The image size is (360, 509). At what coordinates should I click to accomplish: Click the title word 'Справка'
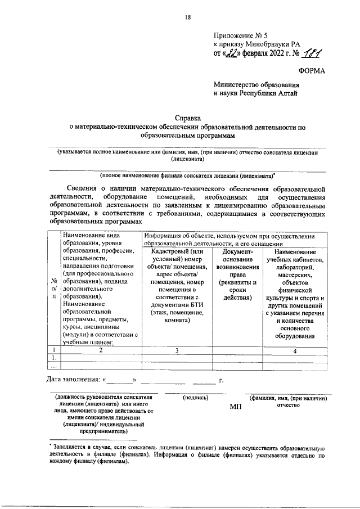pyautogui.click(x=187, y=119)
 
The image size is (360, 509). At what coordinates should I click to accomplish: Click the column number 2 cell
pyautogui.click(x=101, y=350)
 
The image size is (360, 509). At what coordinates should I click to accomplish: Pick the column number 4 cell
pyautogui.click(x=295, y=350)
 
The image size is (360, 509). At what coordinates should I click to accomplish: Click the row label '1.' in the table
pyautogui.click(x=53, y=358)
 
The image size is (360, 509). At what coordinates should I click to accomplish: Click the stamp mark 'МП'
pyautogui.click(x=236, y=406)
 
